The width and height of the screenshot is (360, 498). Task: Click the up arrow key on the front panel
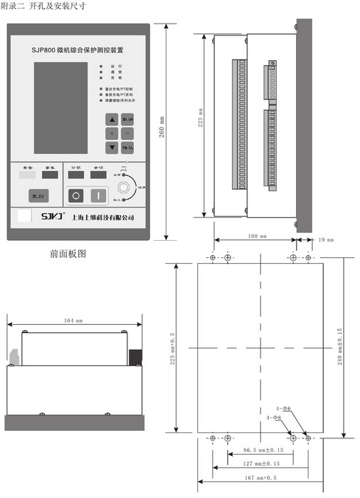(x=111, y=119)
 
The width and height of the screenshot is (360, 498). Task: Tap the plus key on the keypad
(x=111, y=133)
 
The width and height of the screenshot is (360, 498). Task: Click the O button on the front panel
(x=77, y=195)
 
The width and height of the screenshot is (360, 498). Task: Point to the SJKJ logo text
(x=50, y=217)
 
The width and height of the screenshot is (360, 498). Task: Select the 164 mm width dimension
(x=73, y=320)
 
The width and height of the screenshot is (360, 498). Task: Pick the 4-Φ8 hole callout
(x=274, y=417)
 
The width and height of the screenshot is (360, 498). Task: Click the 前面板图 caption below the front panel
(x=68, y=253)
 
